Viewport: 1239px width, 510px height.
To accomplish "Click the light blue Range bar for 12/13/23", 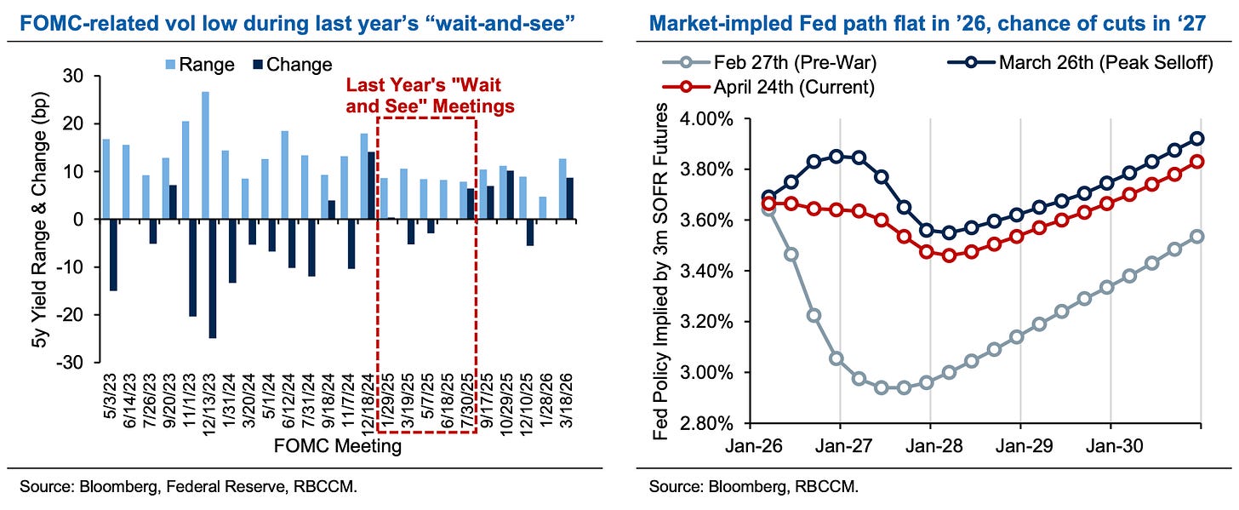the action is (x=205, y=156).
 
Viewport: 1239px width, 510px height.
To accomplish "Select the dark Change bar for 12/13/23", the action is (x=213, y=278).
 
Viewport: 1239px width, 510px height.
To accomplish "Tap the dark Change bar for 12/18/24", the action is (x=371, y=186).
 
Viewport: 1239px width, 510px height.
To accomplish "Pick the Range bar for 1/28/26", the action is (x=543, y=208).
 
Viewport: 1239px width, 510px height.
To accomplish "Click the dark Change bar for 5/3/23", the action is (x=113, y=255).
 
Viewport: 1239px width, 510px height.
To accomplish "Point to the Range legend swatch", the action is (x=170, y=65).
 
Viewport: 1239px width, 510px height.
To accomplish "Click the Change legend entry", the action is (x=293, y=65).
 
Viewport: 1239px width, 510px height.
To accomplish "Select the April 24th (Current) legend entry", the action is (x=768, y=88).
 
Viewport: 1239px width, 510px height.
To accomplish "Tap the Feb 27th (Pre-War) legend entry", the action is (x=769, y=62).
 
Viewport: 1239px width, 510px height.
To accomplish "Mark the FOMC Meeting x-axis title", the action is (x=337, y=446).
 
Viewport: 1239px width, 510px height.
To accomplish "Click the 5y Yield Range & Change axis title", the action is (x=40, y=220).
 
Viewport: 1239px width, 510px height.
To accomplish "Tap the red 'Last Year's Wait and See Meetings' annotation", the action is (x=431, y=95).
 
